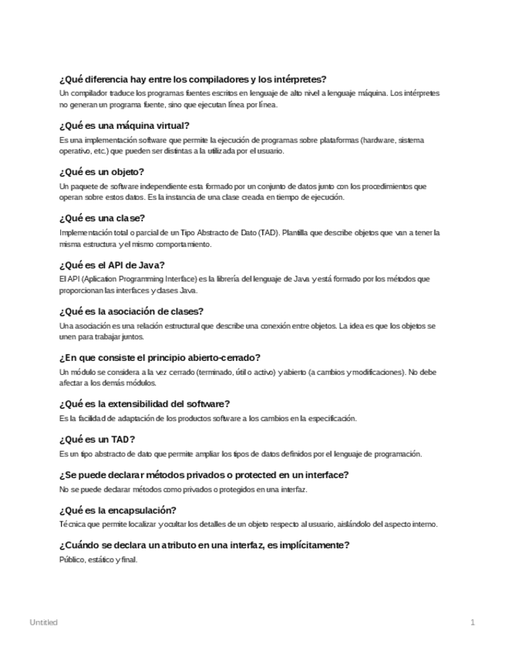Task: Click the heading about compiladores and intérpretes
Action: tap(193, 79)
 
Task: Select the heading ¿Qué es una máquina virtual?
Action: tap(124, 125)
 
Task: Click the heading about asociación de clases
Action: tap(130, 311)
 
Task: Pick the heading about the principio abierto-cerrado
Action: tap(160, 357)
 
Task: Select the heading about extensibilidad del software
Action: tap(145, 403)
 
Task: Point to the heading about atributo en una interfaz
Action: tap(204, 545)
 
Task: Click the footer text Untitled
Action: tap(43, 622)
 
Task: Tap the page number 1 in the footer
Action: tap(472, 622)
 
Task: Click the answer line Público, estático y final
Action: tap(98, 560)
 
